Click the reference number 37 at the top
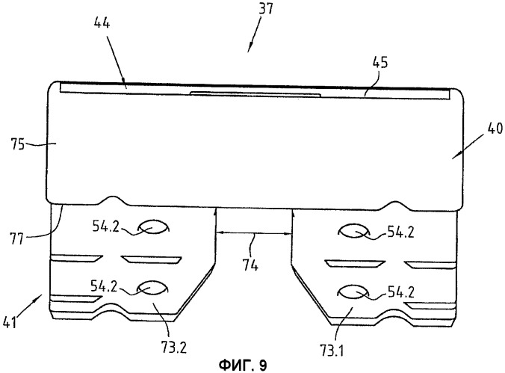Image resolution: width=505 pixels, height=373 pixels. click(x=265, y=8)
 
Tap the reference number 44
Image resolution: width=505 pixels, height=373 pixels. click(x=102, y=23)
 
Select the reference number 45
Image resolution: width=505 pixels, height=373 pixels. click(x=380, y=63)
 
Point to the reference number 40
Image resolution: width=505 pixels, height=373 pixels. click(x=495, y=129)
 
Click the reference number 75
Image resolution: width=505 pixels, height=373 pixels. click(x=17, y=144)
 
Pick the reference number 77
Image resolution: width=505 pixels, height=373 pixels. click(x=16, y=239)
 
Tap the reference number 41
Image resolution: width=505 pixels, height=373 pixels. click(x=10, y=322)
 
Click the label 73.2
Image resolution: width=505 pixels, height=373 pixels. click(x=173, y=348)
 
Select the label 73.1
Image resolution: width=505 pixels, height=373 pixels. click(x=332, y=351)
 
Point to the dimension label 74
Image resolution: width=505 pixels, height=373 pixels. click(x=250, y=265)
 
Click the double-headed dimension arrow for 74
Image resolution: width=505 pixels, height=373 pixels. click(x=254, y=232)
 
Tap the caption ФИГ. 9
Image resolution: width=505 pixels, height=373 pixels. click(x=243, y=366)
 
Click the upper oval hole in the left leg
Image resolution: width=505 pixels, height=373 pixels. click(x=153, y=227)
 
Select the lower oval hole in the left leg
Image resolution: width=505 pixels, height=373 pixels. click(x=152, y=288)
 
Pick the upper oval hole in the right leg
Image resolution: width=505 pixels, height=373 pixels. click(x=353, y=231)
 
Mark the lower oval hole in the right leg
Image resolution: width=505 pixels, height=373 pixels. click(x=353, y=292)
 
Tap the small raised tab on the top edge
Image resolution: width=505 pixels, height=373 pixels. click(x=255, y=93)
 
